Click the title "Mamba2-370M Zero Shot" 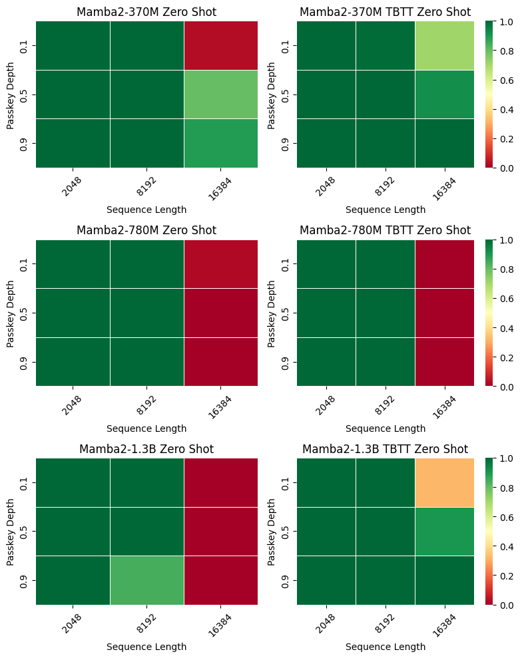click(x=146, y=11)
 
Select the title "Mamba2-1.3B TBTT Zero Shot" click(x=385, y=449)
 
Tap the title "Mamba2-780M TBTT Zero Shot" click(x=385, y=230)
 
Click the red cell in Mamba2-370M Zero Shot click(x=220, y=45)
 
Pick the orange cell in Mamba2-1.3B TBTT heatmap click(x=444, y=482)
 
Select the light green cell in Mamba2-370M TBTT click(x=444, y=45)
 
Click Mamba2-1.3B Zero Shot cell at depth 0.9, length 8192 click(x=146, y=580)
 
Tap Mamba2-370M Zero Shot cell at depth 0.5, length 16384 click(x=220, y=94)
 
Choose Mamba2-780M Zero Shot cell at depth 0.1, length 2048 click(x=73, y=264)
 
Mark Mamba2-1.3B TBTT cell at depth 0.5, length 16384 click(x=444, y=531)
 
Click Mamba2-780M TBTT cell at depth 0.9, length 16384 click(x=444, y=361)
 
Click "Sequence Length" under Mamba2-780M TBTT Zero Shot click(x=385, y=428)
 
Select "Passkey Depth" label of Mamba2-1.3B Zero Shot click(x=11, y=532)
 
